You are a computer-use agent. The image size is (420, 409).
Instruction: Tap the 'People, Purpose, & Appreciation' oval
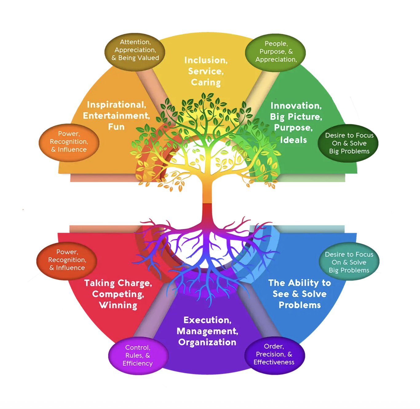275,53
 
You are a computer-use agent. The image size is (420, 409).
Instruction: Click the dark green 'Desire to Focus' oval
348,143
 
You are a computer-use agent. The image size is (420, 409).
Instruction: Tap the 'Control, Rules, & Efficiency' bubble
138,355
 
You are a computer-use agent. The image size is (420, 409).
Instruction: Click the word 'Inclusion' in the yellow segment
205,60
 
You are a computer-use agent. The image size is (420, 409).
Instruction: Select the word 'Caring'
206,82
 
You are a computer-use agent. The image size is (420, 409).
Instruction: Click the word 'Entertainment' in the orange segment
116,116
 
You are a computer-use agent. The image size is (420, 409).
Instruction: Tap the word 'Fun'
116,127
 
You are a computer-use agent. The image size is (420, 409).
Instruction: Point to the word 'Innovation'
296,106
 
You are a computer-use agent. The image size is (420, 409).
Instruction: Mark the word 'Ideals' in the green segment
293,140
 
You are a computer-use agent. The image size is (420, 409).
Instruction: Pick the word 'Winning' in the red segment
118,305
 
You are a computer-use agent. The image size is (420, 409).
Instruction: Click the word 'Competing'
118,294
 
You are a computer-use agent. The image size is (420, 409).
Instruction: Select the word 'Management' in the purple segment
207,331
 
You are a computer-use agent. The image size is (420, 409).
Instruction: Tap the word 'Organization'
207,342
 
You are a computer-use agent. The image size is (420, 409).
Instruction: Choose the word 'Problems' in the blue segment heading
300,305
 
